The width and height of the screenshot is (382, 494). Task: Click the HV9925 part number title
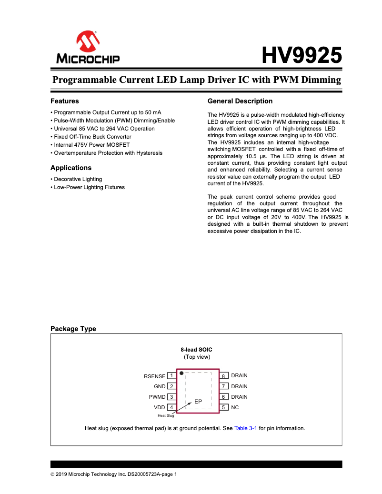pos(302,56)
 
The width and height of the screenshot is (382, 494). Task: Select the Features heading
pos(65,101)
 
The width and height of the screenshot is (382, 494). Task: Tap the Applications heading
pos(71,168)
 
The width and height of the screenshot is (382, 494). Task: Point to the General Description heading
pos(240,101)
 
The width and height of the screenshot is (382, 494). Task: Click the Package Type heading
pos(73,329)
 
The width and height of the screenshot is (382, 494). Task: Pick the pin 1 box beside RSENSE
pos(171,376)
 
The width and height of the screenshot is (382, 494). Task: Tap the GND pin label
pos(160,386)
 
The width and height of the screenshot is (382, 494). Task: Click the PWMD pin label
pos(157,397)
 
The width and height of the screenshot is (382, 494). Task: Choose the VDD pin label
pos(159,407)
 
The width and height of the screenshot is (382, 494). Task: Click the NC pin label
pos(235,407)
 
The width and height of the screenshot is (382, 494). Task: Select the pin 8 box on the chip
pos(223,376)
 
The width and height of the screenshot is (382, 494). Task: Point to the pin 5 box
pos(223,407)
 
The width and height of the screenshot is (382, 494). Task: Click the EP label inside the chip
pos(198,402)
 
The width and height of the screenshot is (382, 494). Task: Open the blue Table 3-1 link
pos(246,428)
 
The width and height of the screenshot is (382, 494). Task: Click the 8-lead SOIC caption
pos(196,350)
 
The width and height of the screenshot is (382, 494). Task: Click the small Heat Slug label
pos(166,415)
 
